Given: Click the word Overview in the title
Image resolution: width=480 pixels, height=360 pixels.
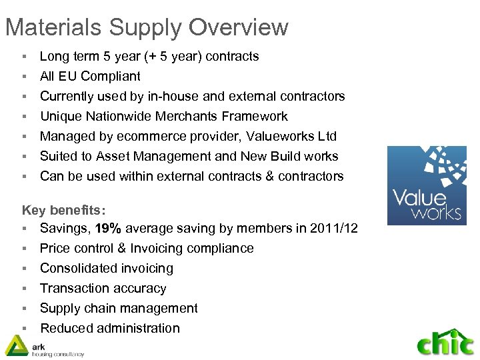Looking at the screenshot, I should (x=239, y=27).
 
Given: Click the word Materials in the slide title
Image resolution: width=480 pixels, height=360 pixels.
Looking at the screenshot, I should (x=53, y=27).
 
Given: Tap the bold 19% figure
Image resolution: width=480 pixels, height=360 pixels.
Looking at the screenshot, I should (x=108, y=229).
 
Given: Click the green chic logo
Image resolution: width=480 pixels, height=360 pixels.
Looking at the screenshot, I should (x=445, y=342).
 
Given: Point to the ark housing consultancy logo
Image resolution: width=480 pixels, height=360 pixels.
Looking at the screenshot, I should (x=43, y=346).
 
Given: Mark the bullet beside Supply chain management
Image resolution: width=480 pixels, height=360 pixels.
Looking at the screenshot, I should (x=24, y=309).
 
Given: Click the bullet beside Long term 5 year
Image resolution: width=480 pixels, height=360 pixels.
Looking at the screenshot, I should (x=24, y=57).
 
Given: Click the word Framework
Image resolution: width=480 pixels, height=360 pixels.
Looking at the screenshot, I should (x=255, y=117).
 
